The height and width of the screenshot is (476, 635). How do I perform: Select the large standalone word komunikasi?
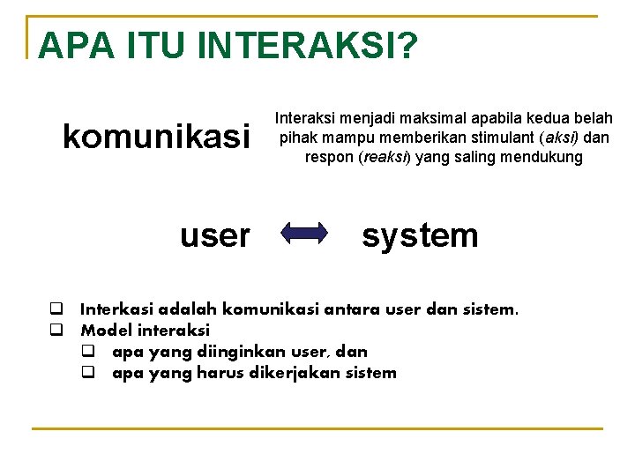coord(156,137)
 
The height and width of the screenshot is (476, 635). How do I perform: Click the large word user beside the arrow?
coord(214,235)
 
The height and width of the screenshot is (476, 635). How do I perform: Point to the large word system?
coord(420,234)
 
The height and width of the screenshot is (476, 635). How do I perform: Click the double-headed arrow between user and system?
coord(303,233)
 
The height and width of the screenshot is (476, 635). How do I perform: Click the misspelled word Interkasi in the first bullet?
coord(116,309)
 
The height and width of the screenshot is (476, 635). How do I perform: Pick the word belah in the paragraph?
coord(594,118)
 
